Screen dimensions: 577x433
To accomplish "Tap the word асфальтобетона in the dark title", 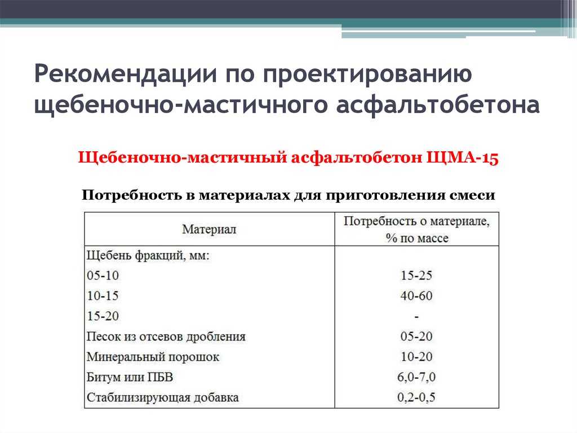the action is (438, 105).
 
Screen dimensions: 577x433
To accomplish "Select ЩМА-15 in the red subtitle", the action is (463, 158).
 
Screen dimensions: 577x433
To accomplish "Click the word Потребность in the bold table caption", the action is (132, 195).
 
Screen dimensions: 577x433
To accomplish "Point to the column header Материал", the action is (209, 229).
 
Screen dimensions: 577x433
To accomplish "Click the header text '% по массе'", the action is (417, 238).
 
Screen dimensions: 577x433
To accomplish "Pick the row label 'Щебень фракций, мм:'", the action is (148, 255).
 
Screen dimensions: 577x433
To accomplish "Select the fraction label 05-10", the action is (103, 275).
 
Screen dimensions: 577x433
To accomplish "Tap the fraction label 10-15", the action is (103, 296).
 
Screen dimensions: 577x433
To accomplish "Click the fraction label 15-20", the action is (103, 316).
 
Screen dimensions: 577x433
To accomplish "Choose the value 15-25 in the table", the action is (416, 275).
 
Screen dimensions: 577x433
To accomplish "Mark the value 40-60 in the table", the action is (416, 296).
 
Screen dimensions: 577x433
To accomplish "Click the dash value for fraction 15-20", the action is (416, 317).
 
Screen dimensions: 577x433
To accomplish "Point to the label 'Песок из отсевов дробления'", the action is (166, 336).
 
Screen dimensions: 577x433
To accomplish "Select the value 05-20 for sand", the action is (416, 336).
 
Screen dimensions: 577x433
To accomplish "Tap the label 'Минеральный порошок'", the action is (153, 357).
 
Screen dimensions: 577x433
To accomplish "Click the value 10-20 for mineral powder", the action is (416, 357).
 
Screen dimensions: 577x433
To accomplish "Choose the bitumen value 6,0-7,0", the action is (416, 377).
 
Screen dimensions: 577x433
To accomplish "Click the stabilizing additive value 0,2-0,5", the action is (416, 397).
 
